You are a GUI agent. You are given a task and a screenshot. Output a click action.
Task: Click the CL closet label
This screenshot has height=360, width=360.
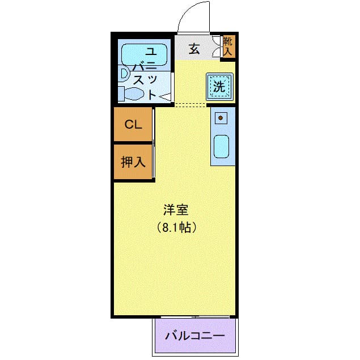click(133, 124)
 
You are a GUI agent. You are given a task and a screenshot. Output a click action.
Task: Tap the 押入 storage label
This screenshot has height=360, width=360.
click(133, 162)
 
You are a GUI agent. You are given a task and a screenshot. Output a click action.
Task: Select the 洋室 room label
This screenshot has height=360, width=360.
click(176, 210)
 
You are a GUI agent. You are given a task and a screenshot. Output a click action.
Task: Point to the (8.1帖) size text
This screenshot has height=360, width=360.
click(176, 227)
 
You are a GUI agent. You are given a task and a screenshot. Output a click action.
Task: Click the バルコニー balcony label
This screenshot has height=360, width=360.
click(195, 336)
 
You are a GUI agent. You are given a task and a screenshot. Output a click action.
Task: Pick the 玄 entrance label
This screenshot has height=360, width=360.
click(194, 49)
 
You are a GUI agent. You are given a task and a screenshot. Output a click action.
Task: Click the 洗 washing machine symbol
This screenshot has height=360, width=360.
click(220, 87)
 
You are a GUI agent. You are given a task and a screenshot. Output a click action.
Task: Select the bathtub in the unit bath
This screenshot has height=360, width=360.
click(144, 54)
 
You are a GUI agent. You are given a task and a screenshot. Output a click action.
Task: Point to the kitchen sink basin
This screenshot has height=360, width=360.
click(221, 146)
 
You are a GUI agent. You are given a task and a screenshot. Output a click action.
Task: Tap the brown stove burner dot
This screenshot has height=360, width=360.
click(221, 118)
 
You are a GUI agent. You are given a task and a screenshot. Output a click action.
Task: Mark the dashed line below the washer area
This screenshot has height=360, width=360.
click(190, 105)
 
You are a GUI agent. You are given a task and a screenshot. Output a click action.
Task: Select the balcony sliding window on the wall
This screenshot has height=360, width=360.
click(195, 317)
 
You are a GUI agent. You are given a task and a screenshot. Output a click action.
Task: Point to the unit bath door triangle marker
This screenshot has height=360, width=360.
click(165, 96)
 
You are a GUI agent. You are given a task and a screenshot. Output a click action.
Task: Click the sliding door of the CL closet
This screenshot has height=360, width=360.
click(154, 125)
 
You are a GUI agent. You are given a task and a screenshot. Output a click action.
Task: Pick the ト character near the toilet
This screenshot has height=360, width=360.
click(152, 94)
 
